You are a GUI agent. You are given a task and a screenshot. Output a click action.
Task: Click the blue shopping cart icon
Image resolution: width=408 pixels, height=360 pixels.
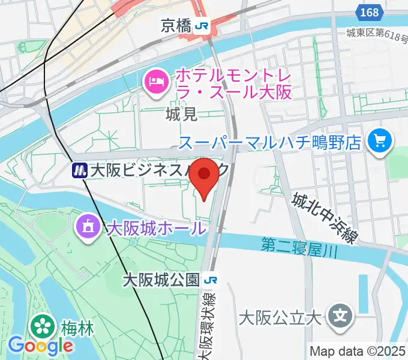379,142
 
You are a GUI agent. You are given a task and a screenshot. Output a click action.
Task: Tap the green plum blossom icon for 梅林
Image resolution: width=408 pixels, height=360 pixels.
43,327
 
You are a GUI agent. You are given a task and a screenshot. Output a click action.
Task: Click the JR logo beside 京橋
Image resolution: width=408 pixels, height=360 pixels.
203,25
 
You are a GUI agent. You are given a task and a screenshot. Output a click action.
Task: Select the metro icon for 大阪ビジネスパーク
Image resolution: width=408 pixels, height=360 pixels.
79,170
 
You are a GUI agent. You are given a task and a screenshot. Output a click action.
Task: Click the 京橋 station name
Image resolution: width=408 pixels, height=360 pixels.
176,25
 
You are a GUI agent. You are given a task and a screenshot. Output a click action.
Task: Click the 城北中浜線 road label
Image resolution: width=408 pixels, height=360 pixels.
324,217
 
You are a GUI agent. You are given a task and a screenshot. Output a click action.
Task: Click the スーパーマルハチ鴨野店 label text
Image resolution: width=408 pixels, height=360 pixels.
270,142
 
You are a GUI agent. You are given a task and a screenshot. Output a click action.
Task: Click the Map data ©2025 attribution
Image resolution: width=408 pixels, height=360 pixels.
357,351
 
